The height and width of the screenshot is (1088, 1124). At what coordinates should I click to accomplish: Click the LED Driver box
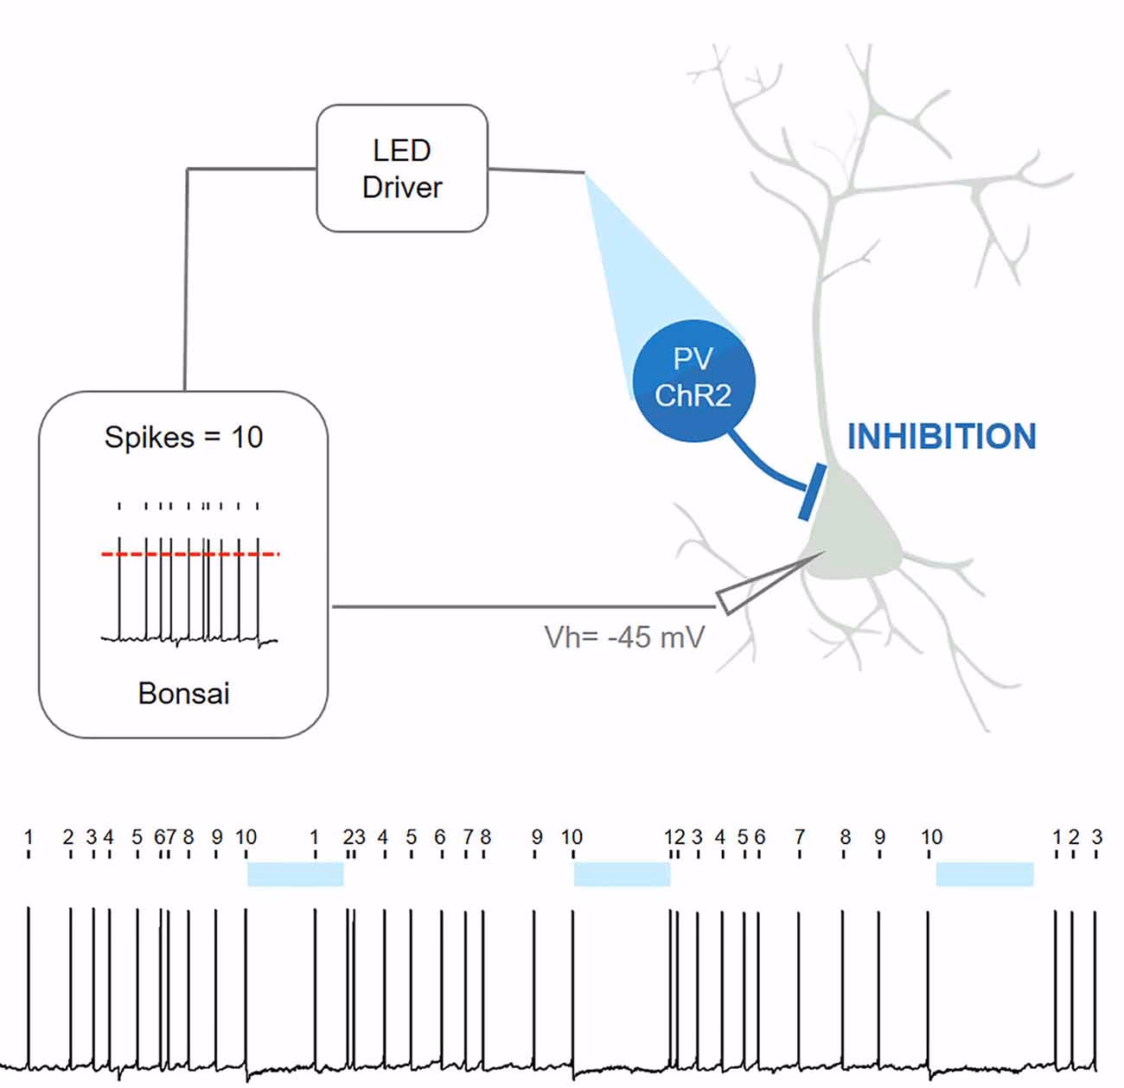pos(402,169)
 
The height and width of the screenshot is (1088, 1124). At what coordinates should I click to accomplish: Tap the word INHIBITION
pos(942,437)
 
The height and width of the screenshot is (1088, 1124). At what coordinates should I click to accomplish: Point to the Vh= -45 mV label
pos(624,637)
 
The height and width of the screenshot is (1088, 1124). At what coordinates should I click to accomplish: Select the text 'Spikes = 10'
pos(183,437)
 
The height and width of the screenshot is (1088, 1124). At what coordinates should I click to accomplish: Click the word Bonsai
pos(183,693)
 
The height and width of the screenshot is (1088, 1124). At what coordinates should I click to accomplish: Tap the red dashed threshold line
pos(190,554)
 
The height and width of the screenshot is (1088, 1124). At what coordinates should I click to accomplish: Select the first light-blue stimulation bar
pos(296,874)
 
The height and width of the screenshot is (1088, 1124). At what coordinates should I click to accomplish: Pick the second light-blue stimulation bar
pos(623,874)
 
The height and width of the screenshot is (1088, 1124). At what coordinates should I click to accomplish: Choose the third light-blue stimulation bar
pos(985,874)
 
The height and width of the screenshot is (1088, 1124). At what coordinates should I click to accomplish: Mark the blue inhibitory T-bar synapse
pos(811,493)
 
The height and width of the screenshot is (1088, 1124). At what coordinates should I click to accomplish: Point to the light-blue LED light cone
pos(657,277)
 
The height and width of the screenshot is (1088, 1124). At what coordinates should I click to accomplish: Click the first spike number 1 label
pos(29,837)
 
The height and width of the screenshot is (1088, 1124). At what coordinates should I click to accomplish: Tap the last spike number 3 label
pos(1096,837)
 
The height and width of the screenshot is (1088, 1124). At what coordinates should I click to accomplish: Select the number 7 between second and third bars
pos(800,837)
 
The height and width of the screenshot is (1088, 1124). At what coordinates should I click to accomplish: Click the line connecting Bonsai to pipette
pos(519,606)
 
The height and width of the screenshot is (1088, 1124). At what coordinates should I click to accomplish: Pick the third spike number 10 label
pos(931,837)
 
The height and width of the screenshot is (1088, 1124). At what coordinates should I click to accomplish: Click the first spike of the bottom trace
pos(29,986)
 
